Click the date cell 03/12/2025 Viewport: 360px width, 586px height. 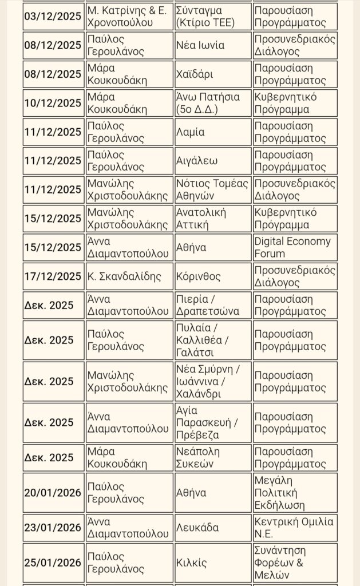click(53, 17)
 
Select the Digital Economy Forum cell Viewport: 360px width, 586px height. click(294, 248)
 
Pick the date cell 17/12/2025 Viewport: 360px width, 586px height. click(53, 276)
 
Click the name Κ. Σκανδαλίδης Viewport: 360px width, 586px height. click(129, 276)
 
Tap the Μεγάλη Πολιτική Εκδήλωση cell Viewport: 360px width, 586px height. click(294, 493)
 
